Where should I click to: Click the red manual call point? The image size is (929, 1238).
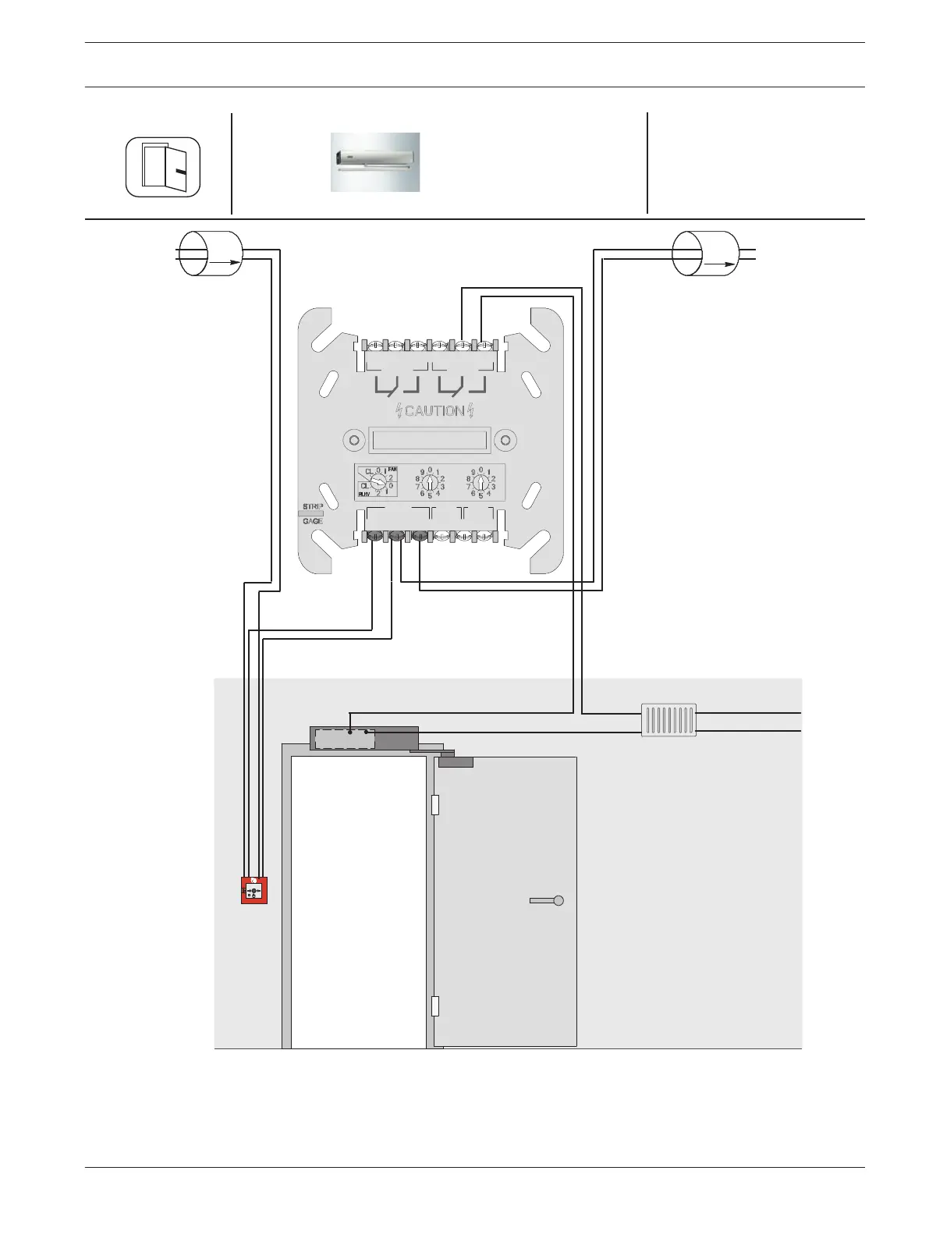[254, 890]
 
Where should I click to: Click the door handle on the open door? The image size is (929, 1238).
[547, 900]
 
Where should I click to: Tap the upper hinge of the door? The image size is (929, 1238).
[435, 804]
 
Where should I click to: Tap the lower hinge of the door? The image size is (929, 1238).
[435, 1006]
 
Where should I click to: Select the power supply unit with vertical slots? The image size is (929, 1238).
[668, 720]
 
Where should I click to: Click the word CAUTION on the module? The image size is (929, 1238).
[434, 411]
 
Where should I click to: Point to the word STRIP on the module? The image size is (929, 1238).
[313, 507]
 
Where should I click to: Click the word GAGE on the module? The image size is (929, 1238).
[313, 521]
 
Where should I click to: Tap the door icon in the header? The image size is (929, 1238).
[164, 167]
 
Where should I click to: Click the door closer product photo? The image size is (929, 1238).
[375, 162]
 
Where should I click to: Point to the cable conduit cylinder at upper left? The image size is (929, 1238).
[211, 254]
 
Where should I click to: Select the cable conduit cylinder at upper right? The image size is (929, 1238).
[705, 254]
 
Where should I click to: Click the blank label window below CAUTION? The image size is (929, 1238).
[430, 441]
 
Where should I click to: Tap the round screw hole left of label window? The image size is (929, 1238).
[355, 441]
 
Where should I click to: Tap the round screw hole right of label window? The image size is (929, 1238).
[505, 441]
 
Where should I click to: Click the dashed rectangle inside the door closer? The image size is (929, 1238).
[345, 739]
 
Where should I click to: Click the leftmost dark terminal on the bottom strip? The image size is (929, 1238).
[374, 537]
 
